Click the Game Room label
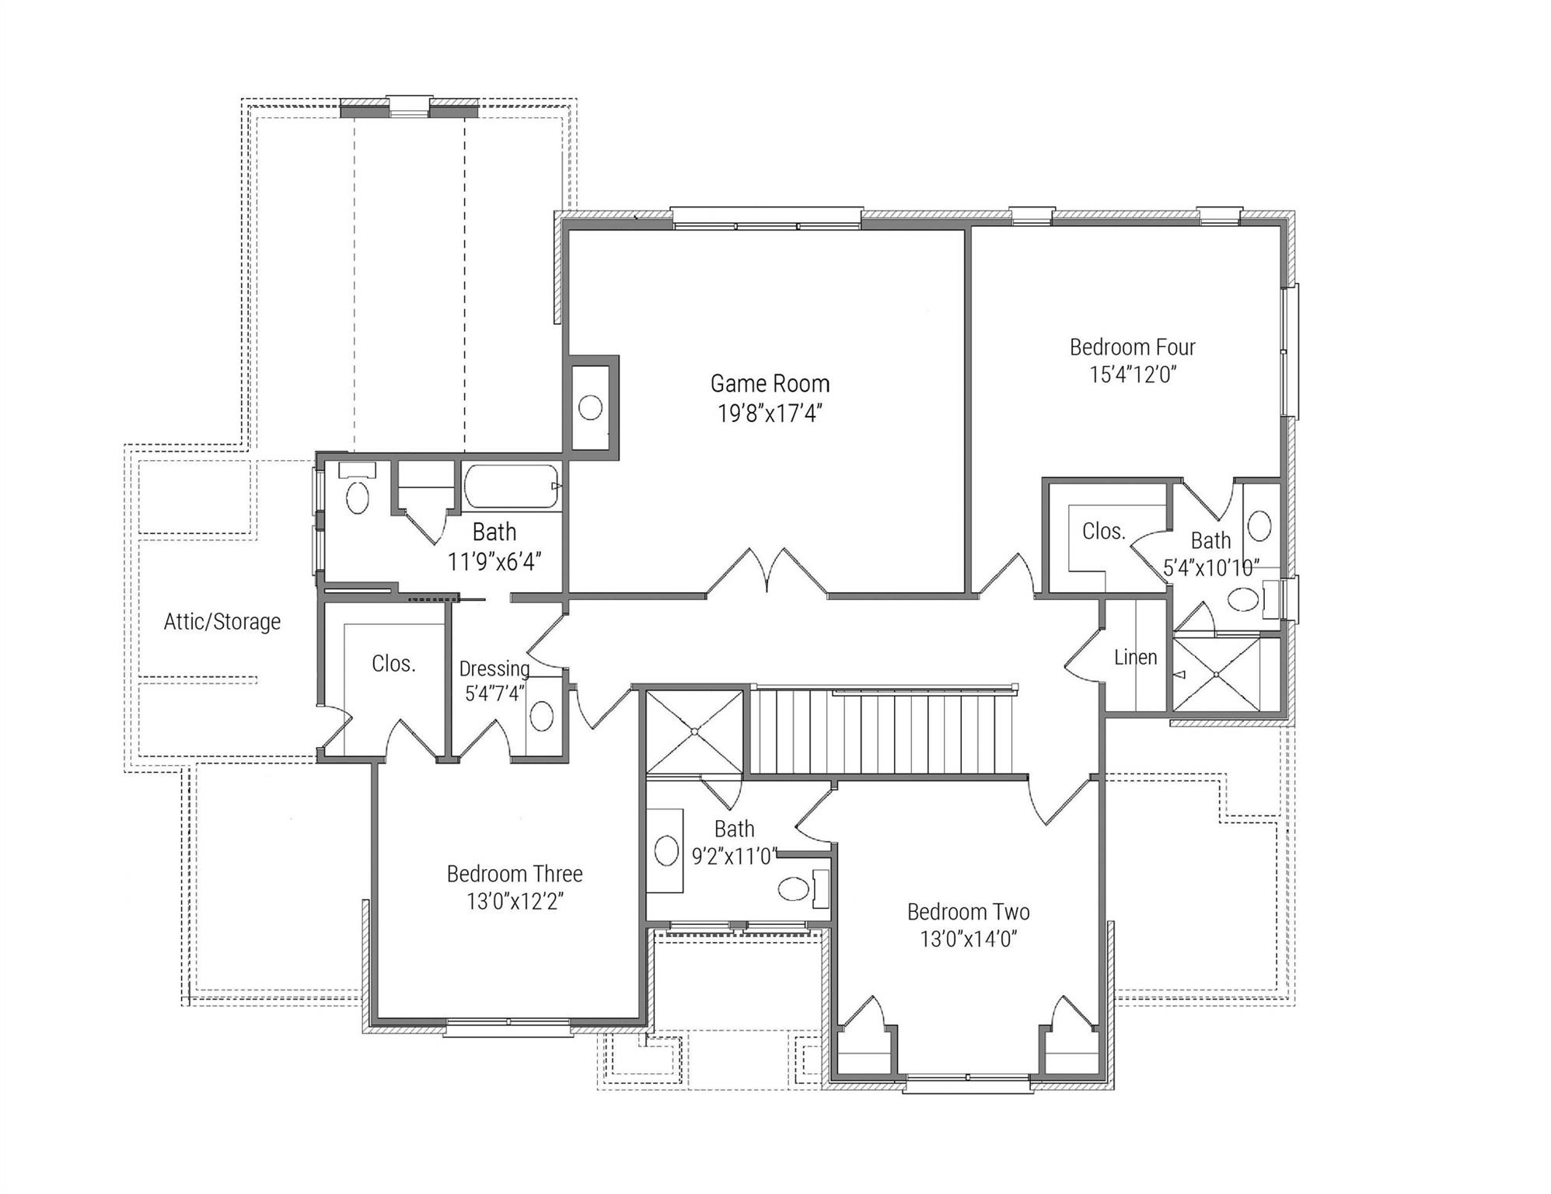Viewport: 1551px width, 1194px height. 770,384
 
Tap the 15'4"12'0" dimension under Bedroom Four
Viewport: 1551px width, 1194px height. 1133,375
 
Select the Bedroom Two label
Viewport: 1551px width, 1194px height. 968,912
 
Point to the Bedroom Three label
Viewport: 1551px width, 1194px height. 514,874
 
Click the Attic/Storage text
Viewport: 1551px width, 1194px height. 222,622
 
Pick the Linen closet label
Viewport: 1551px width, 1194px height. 1135,658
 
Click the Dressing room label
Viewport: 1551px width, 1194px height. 494,669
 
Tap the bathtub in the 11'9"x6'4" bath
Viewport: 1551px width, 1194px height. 512,487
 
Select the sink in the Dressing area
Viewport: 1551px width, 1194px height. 541,715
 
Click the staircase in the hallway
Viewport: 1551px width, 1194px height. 882,734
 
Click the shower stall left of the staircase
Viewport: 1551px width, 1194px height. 694,731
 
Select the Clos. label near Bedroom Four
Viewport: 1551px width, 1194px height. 1103,532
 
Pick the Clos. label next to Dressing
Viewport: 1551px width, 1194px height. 393,664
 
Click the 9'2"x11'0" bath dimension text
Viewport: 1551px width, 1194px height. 734,857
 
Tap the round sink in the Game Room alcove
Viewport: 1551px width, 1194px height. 590,408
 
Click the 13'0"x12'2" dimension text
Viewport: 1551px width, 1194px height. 514,902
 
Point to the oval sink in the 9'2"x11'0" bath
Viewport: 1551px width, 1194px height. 666,850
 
